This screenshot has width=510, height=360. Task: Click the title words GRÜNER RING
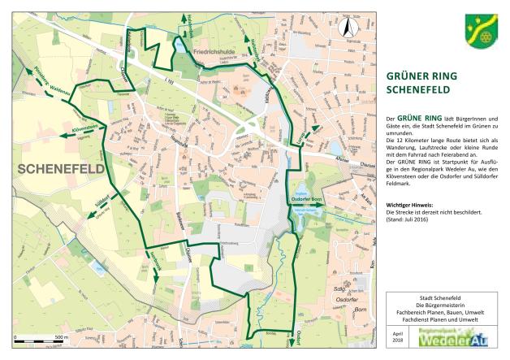421,77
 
